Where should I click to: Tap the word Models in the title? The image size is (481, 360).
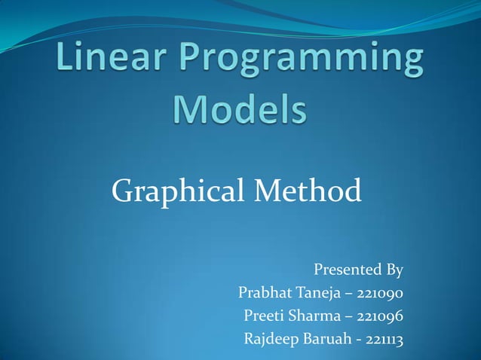point(240,110)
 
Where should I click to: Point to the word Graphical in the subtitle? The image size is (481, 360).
point(176,191)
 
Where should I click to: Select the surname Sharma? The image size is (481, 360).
point(317,316)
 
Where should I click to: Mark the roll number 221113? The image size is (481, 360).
point(384,340)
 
